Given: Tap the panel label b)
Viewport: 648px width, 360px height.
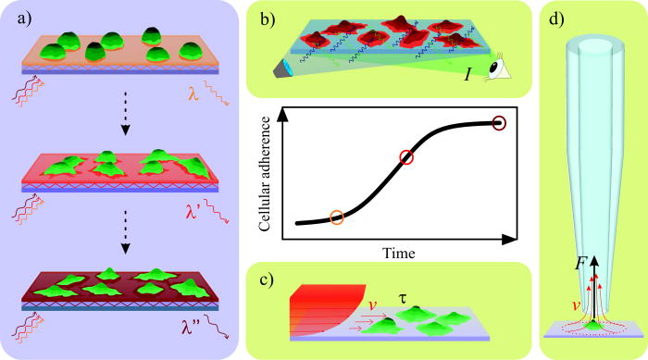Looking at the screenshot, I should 264,16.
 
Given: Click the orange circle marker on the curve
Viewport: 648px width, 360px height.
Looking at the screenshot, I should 337,218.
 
